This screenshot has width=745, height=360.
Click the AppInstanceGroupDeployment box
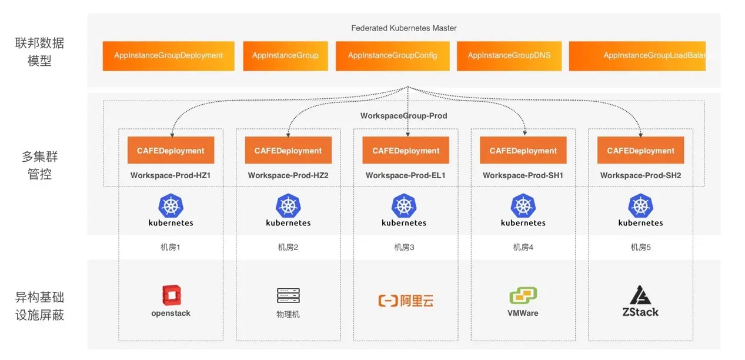tap(168, 56)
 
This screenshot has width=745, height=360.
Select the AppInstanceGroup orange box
tap(285, 56)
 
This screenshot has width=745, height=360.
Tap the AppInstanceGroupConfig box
tap(392, 56)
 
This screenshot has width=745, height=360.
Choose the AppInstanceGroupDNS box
tap(509, 56)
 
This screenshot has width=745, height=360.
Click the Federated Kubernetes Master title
tap(403, 28)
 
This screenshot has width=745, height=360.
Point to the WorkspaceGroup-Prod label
tap(403, 116)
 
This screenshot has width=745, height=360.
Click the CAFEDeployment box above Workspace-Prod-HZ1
tap(171, 151)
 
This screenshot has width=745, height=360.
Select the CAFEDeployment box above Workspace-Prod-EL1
tap(406, 151)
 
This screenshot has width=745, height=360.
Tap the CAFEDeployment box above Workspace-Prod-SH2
tap(640, 151)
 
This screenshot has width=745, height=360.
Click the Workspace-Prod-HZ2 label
tap(288, 175)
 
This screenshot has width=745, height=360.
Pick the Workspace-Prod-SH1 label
tap(523, 175)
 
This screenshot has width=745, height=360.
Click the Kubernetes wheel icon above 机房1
tap(171, 205)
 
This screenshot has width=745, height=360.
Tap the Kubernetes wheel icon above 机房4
tap(523, 205)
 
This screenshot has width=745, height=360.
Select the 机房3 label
tap(404, 247)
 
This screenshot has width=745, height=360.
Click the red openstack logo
tap(171, 295)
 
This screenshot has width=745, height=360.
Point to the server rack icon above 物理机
tap(288, 295)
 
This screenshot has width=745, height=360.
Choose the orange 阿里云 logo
tap(406, 301)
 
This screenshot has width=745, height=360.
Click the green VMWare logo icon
tap(523, 295)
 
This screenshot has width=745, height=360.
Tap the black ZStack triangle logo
tap(640, 295)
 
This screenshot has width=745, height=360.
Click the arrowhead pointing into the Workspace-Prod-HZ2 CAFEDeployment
tap(288, 135)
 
